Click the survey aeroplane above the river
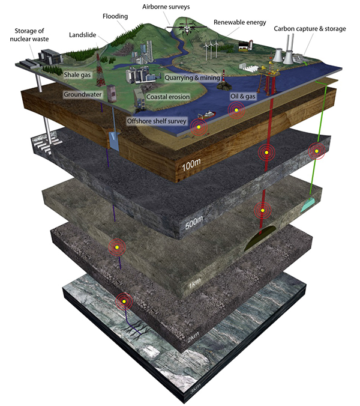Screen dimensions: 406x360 [x=184, y=26]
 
